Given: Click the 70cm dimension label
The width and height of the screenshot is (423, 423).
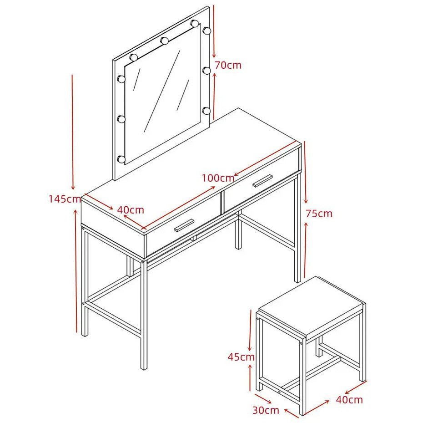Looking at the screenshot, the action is [x=228, y=66].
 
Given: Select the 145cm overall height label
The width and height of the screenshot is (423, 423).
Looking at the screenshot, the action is [x=65, y=199].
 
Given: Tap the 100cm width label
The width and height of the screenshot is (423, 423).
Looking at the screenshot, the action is [x=218, y=178].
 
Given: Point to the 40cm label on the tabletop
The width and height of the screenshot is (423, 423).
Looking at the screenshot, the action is [x=131, y=210].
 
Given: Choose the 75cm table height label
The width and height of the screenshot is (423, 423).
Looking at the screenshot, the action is [x=319, y=214].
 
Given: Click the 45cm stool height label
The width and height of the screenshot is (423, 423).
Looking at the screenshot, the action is [x=241, y=357].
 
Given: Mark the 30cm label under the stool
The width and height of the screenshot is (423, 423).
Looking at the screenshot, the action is [x=266, y=410].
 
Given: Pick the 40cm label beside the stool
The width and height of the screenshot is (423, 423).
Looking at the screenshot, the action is [x=349, y=400].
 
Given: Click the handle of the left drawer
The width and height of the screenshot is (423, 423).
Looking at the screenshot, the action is [x=184, y=225].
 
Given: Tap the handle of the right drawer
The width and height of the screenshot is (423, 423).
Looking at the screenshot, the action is [x=262, y=181].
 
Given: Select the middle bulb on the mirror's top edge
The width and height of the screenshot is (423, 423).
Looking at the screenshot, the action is [x=164, y=41].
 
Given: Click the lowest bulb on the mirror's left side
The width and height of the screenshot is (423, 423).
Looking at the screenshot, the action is [x=121, y=159].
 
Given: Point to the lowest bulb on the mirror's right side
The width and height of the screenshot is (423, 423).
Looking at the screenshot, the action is [x=206, y=111].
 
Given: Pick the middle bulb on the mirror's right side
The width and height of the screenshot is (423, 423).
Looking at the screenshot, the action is [x=206, y=71].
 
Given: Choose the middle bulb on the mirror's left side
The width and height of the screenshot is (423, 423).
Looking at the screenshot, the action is [x=121, y=119].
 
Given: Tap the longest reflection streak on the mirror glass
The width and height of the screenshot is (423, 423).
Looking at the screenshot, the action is [x=162, y=92].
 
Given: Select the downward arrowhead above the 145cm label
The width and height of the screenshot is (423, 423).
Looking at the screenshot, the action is [x=73, y=186].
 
